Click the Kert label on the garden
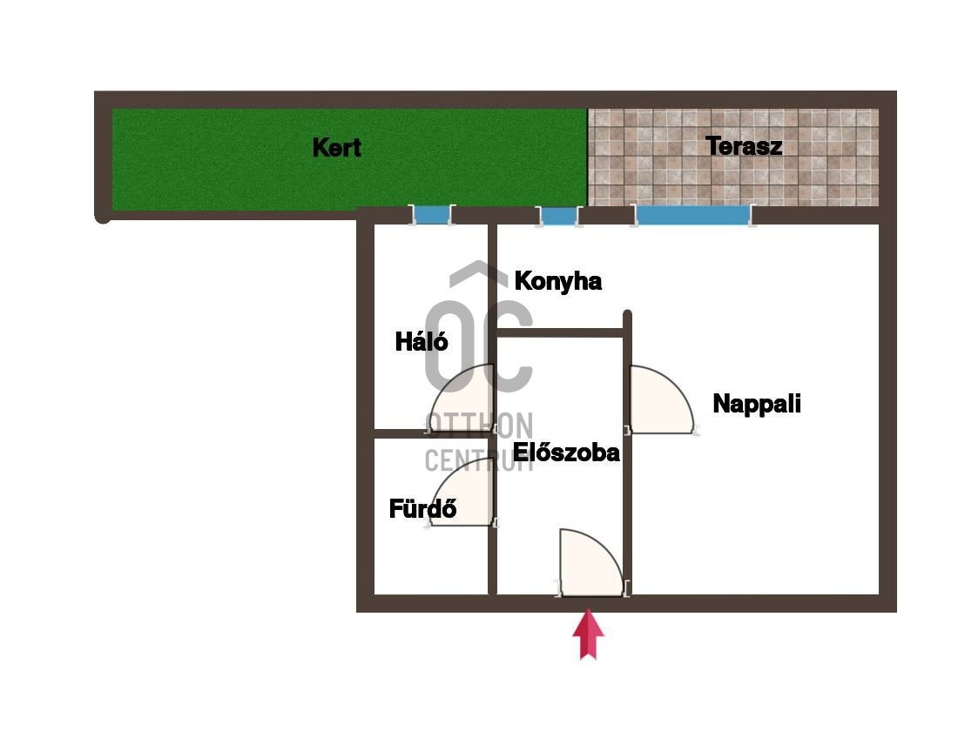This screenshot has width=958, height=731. click(x=337, y=147)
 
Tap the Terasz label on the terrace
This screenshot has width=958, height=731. click(x=744, y=146)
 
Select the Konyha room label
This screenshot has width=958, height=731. click(x=557, y=281)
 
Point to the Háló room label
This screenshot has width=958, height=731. click(x=422, y=341)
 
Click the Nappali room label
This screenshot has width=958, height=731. click(x=756, y=404)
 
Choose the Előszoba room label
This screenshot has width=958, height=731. click(x=566, y=453)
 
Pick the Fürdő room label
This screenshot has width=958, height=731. click(x=422, y=508)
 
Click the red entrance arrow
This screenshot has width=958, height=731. click(x=588, y=634)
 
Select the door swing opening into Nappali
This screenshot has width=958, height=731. click(x=662, y=399)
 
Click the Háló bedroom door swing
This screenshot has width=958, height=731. click(x=462, y=399)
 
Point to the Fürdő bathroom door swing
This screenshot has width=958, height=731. click(x=462, y=492)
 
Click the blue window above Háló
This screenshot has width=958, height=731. click(x=432, y=215)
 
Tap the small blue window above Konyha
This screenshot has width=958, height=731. click(x=558, y=216)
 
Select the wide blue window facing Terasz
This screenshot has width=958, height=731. click(x=693, y=215)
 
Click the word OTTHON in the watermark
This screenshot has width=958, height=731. click(x=479, y=425)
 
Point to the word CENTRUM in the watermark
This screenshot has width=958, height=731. click(x=479, y=460)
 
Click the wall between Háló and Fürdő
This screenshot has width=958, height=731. click(x=431, y=433)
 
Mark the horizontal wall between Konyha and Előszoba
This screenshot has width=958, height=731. click(x=560, y=332)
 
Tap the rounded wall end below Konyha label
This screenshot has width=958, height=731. click(x=627, y=314)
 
